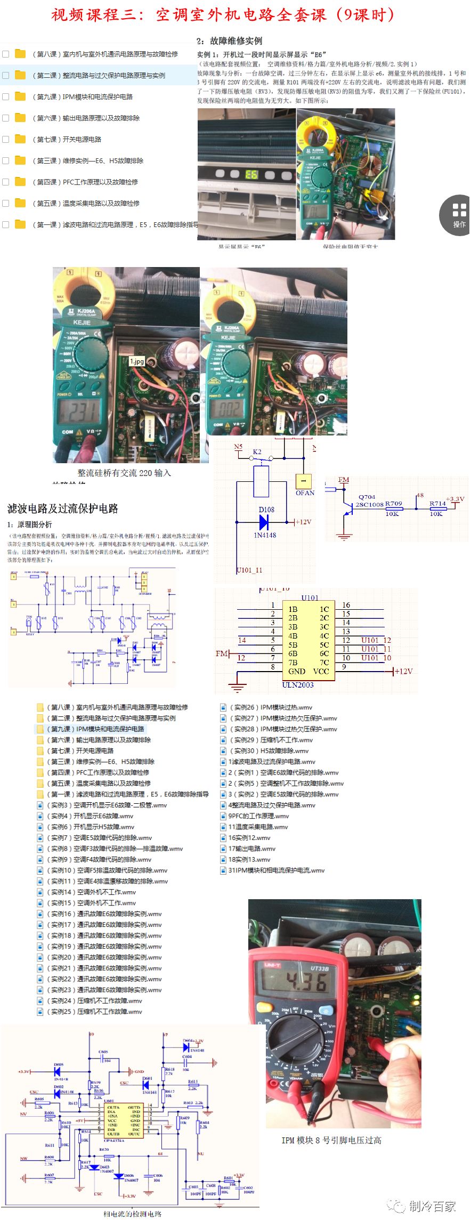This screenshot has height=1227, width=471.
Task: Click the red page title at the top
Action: tap(223, 14)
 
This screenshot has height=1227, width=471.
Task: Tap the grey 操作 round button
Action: tap(459, 214)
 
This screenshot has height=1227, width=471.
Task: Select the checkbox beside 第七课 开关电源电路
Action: tap(6, 139)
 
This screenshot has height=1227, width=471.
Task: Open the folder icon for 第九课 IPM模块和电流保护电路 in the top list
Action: tap(20, 96)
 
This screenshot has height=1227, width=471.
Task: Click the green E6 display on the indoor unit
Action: tap(251, 174)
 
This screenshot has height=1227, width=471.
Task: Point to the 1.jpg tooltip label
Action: tap(137, 361)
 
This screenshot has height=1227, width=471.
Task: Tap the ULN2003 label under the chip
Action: tap(297, 685)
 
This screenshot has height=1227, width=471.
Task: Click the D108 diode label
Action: tap(266, 510)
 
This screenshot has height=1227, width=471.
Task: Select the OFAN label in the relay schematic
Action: tap(305, 493)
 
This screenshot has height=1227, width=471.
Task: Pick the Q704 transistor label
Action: tap(367, 497)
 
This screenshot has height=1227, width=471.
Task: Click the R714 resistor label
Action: tap(437, 503)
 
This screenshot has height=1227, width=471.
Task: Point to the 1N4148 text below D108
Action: tap(265, 535)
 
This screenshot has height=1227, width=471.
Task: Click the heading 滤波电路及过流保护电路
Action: tap(62, 508)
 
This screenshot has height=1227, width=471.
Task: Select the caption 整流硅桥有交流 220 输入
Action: tap(124, 473)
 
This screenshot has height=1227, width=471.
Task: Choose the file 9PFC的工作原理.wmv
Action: tap(258, 816)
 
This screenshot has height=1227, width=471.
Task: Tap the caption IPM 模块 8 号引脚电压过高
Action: tap(331, 1140)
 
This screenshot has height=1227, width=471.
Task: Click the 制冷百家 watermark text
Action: tap(432, 1206)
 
